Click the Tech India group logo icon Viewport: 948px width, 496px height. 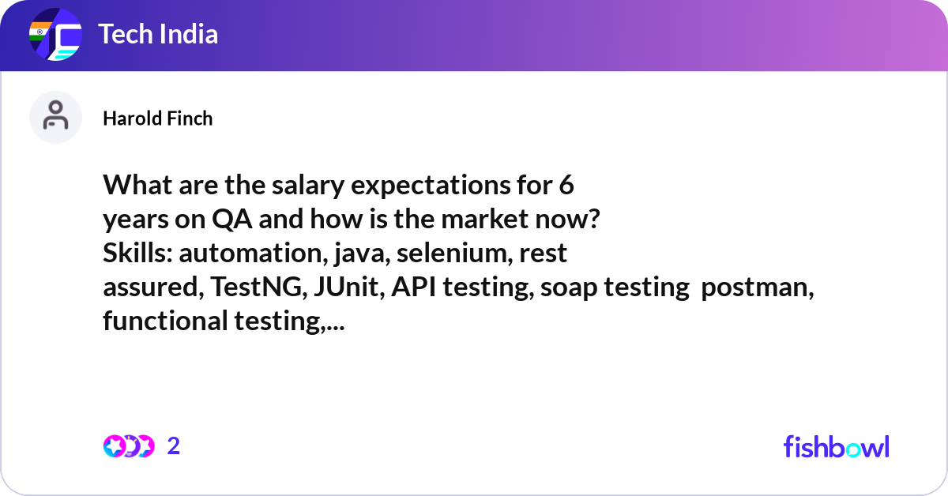[55, 34]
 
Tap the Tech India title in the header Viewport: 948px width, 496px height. [158, 34]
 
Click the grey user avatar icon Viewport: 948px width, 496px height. [55, 117]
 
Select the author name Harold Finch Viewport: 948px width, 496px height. [158, 118]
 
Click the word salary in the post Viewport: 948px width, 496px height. [308, 186]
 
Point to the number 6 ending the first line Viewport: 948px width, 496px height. [566, 186]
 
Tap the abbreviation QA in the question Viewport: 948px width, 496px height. [232, 220]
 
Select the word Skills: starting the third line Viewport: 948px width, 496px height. [138, 253]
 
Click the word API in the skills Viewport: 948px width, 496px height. [413, 287]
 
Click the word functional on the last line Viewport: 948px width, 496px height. [165, 321]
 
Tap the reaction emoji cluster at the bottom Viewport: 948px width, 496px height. [129, 446]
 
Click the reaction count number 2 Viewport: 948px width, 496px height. [174, 446]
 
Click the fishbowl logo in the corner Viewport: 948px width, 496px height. [837, 446]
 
